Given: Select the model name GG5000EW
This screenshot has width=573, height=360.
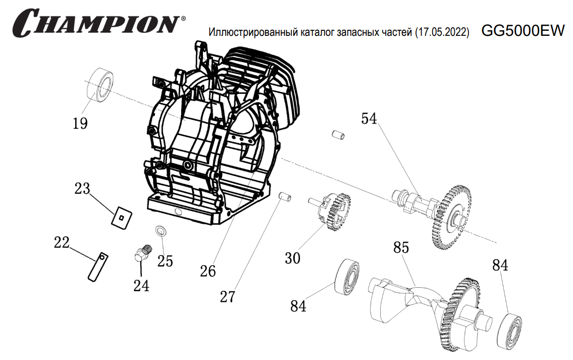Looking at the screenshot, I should (523, 31).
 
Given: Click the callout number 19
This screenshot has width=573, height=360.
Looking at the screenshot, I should (80, 123).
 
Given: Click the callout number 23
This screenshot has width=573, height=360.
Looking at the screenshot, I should (82, 189).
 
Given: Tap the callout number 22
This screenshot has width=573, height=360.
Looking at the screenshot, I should (62, 242).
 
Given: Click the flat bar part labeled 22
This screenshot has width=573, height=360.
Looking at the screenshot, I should (97, 266).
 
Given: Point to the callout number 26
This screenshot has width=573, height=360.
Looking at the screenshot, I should (207, 271).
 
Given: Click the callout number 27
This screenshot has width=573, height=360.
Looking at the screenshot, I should (227, 296).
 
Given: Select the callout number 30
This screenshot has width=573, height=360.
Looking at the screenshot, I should (292, 258).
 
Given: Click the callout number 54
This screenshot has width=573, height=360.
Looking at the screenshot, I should (369, 119).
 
